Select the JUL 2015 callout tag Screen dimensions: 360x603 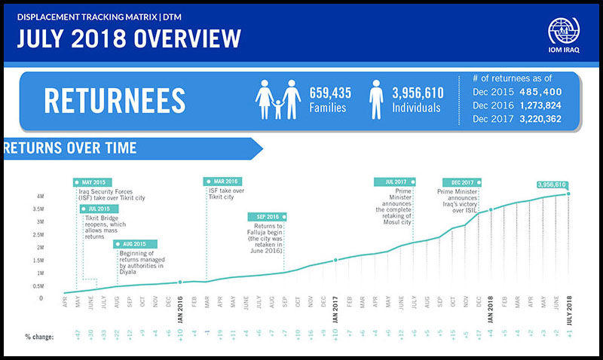[99, 208]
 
